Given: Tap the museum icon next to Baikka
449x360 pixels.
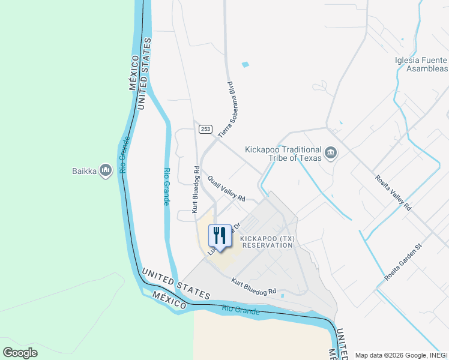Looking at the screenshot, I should click(x=106, y=171).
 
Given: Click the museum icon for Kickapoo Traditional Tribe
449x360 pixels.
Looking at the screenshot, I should click(x=330, y=154).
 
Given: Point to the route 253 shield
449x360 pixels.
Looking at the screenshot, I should click(x=206, y=129).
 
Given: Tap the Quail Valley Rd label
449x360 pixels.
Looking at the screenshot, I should click(x=226, y=188).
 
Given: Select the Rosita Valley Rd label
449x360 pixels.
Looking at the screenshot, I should click(x=393, y=192).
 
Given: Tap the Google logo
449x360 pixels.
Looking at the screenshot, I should click(x=20, y=353).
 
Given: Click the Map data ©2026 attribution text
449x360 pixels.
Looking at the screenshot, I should click(x=402, y=355).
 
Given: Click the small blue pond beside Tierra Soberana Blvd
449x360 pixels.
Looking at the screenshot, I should click(x=245, y=64).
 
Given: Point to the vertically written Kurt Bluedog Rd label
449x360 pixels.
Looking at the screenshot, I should click(x=195, y=190).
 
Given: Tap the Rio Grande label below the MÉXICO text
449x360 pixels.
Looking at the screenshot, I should click(x=240, y=310).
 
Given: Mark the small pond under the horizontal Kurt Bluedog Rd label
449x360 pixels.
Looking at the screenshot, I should click(x=282, y=296).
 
